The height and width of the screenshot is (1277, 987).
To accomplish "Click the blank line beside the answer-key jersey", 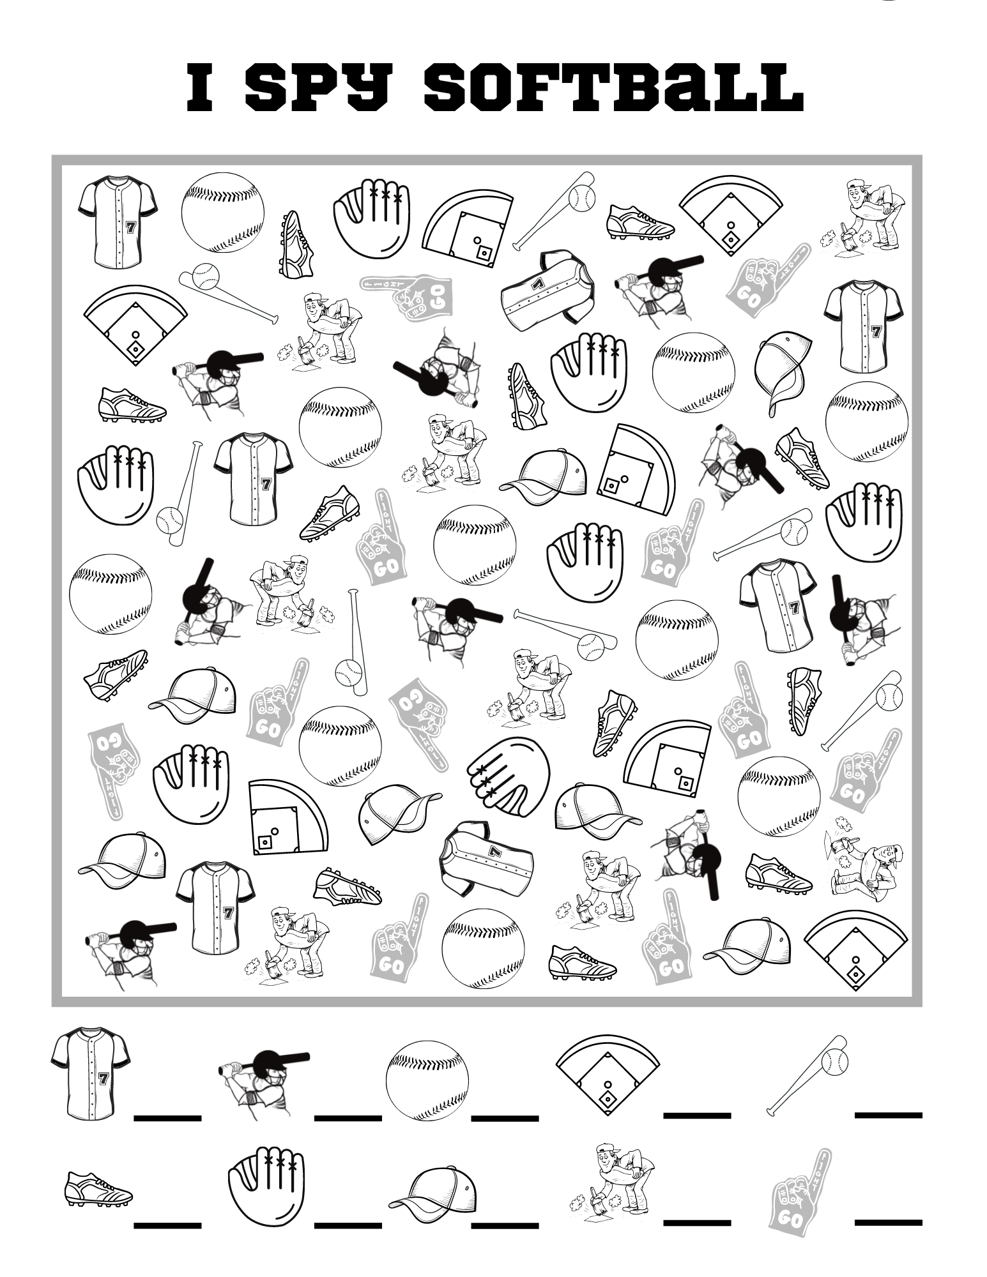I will pyautogui.click(x=167, y=1117).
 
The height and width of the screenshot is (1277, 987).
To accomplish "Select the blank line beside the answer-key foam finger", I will pyautogui.click(x=888, y=1221).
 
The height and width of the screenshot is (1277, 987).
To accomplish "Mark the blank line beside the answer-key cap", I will pyautogui.click(x=505, y=1225).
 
